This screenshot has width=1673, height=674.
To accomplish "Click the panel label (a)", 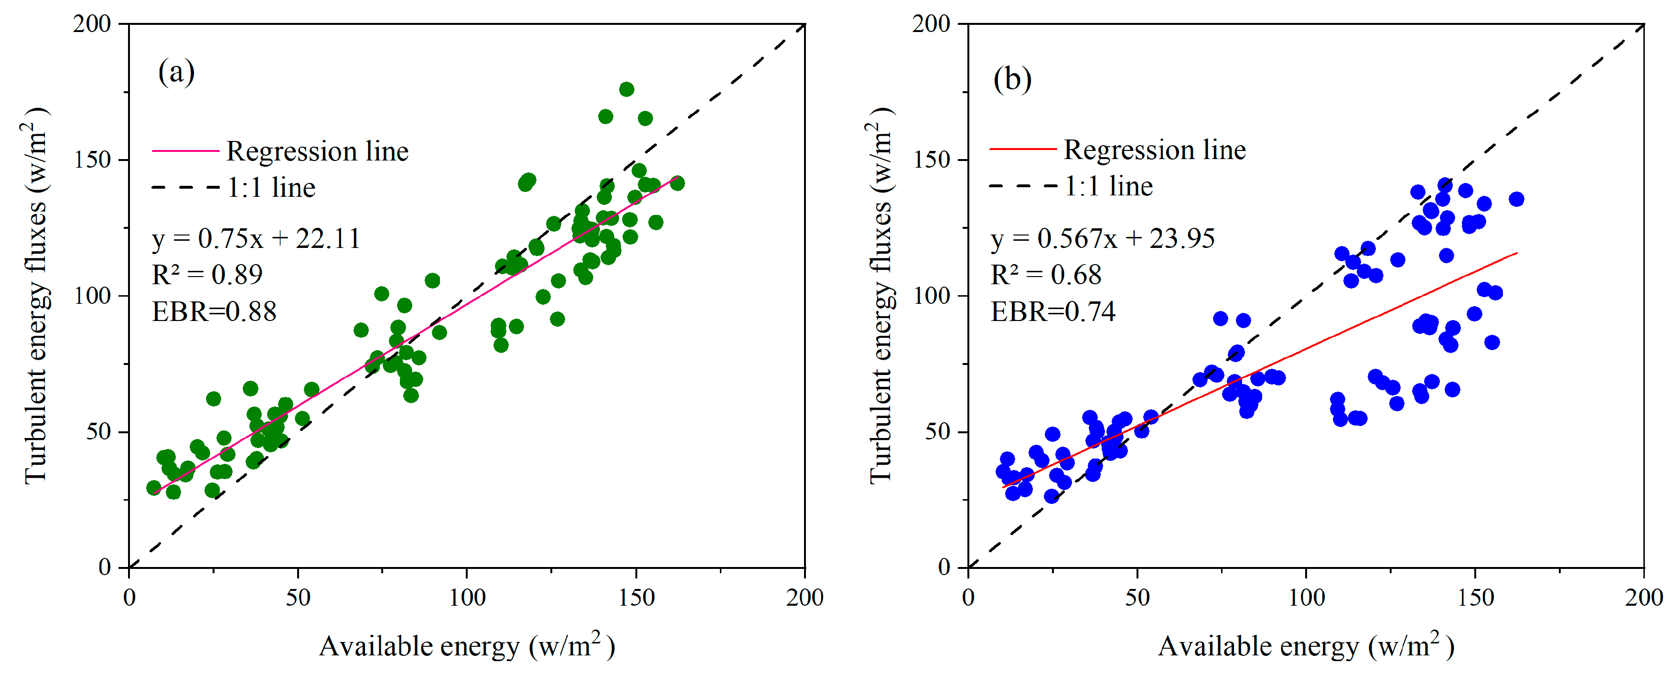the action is [x=176, y=72].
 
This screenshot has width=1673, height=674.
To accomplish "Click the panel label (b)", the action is [x=1012, y=79].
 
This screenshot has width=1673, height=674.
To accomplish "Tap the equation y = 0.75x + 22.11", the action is [x=256, y=238].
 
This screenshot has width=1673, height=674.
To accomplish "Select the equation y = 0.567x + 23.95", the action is [x=1103, y=238].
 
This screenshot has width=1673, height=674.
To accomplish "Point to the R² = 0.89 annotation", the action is [x=207, y=274].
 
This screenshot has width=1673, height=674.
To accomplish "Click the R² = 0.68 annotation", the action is [x=1046, y=275].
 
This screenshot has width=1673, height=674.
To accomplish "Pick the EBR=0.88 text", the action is [x=214, y=311].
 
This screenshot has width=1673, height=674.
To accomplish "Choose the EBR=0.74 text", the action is [x=1053, y=311].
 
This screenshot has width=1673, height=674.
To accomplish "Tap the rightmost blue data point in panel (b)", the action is [x=1516, y=199].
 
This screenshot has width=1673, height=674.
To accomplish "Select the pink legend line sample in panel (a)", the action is [x=186, y=150].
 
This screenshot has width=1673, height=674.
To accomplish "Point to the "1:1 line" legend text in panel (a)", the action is [x=271, y=188].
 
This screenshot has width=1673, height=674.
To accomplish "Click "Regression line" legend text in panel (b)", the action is [x=1155, y=150].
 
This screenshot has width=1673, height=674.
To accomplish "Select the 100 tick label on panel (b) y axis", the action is [x=932, y=296].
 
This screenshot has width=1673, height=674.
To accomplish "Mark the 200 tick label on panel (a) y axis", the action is [x=92, y=23].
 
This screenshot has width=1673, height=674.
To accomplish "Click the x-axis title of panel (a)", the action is [x=467, y=645].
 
